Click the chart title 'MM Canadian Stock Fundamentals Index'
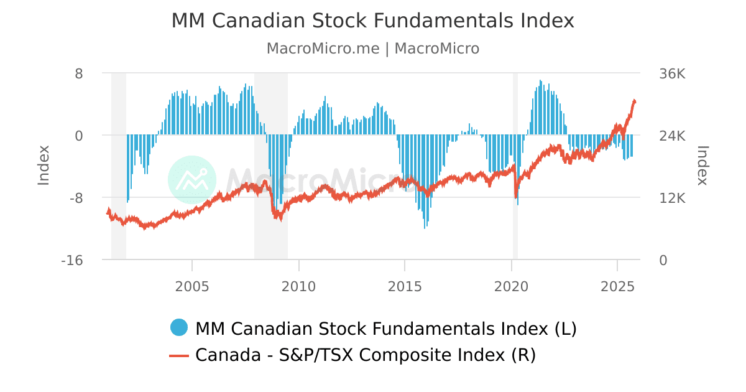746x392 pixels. point(372,21)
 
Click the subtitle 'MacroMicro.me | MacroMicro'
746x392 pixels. point(372,49)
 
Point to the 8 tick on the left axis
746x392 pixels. point(79,73)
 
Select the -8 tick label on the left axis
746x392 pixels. point(75,198)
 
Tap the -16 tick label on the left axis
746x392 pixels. point(72,260)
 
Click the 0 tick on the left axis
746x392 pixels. point(79,136)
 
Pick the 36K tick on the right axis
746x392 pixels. point(672,73)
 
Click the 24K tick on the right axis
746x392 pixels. point(672,136)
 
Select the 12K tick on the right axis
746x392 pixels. point(672,198)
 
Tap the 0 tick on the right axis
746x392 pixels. point(663,260)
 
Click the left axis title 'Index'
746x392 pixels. point(44,165)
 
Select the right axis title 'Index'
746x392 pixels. point(702,165)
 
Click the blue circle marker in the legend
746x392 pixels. point(179,327)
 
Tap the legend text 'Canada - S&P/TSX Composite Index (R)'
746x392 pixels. point(365,355)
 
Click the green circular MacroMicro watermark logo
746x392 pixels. point(192,180)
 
